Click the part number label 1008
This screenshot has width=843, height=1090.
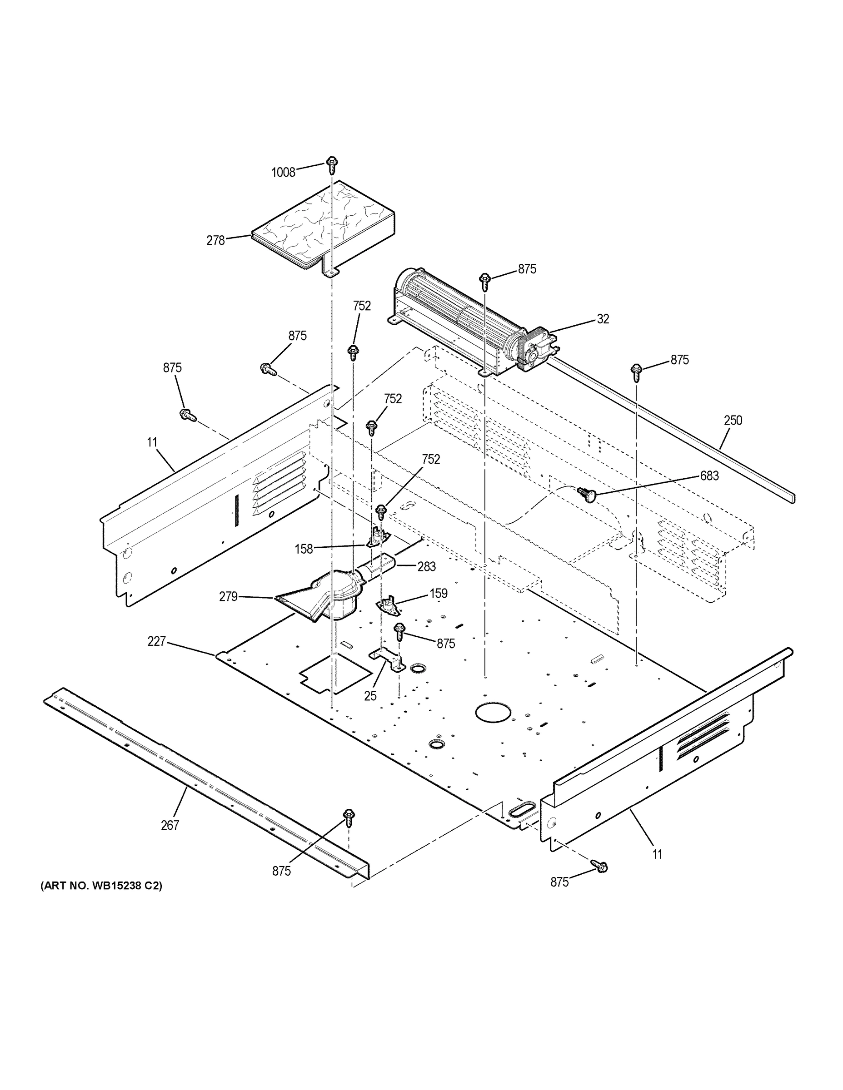pos(283,172)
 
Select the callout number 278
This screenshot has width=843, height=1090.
pos(216,241)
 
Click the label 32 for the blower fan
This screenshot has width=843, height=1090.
pos(603,319)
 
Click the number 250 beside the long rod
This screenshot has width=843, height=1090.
pos(733,420)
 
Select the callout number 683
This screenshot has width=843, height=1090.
pos(709,476)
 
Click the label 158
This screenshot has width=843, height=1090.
pos(304,549)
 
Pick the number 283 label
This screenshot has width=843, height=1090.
pos(426,566)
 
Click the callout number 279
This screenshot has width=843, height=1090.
pos(228,596)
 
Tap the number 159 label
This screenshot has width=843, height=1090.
pos(438,594)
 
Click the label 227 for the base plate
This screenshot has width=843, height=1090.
pos(156,641)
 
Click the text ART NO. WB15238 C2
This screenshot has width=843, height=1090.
pos(101,886)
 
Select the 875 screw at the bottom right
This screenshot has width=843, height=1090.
pos(599,867)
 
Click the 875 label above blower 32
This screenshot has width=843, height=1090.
pos(527,269)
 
